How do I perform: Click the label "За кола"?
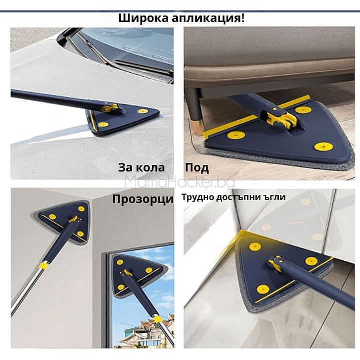tap(142, 167)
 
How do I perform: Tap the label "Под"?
tap(197, 167)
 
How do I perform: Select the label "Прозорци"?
tap(143, 199)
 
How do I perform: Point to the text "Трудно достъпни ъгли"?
tap(234, 197)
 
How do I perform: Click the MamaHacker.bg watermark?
tap(179, 183)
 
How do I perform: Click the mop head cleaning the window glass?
tap(135, 273)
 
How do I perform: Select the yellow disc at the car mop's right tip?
tap(143, 111)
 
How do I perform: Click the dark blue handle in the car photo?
tap(50, 98)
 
